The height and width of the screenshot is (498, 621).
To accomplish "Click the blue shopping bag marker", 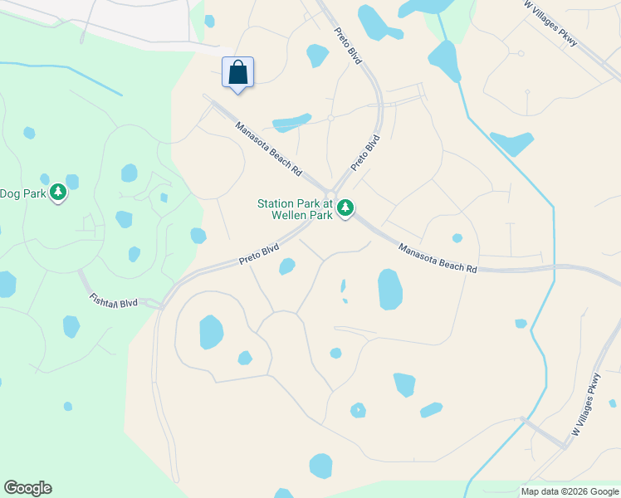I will click(x=237, y=72).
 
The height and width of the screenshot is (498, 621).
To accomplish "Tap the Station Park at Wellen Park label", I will click(x=295, y=209).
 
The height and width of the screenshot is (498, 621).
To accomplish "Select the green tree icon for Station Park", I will click(x=345, y=208).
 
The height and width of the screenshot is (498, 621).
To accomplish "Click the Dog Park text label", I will click(x=21, y=193).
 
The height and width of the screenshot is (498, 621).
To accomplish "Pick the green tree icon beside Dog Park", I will click(x=57, y=193).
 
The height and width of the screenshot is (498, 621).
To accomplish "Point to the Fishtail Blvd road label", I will click(x=114, y=300).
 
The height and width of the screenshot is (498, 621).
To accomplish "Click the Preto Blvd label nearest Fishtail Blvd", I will click(x=259, y=254).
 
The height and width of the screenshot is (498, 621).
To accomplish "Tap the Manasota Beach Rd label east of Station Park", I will click(x=438, y=258).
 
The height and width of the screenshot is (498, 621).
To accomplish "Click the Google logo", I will click(x=27, y=488).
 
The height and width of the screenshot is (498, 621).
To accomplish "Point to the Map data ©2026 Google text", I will click(x=569, y=491).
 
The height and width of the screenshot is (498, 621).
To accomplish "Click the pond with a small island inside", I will click(x=358, y=410).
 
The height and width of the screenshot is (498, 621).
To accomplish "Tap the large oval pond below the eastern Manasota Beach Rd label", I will click(x=390, y=289).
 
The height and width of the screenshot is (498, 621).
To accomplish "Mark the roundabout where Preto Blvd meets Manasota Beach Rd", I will click(x=335, y=193).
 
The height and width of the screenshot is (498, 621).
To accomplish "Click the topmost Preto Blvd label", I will click(x=350, y=46).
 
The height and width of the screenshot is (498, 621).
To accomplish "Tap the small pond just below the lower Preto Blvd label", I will click(x=287, y=266).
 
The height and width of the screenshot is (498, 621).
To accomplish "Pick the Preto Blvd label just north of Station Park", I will click(x=365, y=153).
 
